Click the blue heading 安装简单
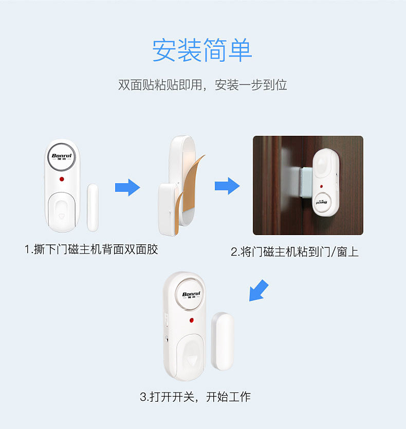[x=202, y=50]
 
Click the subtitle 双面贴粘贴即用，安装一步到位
[x=202, y=85]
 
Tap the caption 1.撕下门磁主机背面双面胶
[x=91, y=249]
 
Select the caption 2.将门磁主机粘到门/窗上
[x=294, y=252]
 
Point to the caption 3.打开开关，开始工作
[x=195, y=397]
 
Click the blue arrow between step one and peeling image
[x=127, y=187]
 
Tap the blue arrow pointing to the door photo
[x=227, y=186]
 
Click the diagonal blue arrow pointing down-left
[x=258, y=291]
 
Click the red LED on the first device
[x=62, y=179]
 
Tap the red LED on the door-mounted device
[x=321, y=186]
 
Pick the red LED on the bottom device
[x=192, y=320]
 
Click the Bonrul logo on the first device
[x=62, y=156]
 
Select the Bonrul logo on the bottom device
[x=191, y=295]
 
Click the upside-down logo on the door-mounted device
[x=322, y=203]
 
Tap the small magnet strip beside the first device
[x=93, y=208]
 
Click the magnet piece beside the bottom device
[x=223, y=342]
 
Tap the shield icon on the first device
[x=61, y=216]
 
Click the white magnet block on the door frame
[x=306, y=182]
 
